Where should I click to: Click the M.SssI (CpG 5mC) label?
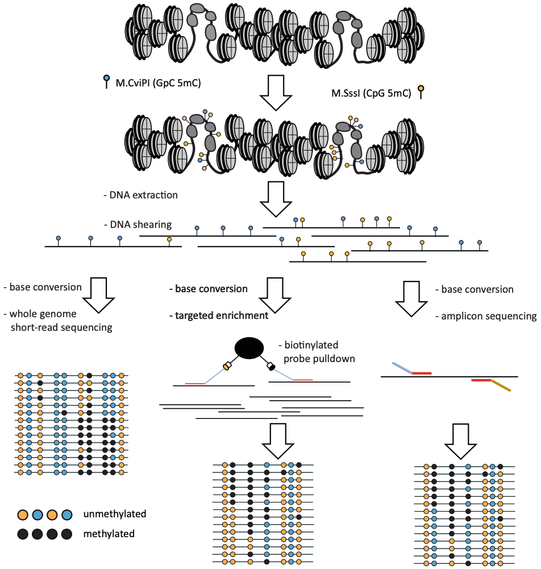point(371,93)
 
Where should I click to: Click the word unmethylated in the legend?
point(115,514)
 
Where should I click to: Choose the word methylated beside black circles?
point(109,534)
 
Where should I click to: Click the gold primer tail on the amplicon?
point(501,385)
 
